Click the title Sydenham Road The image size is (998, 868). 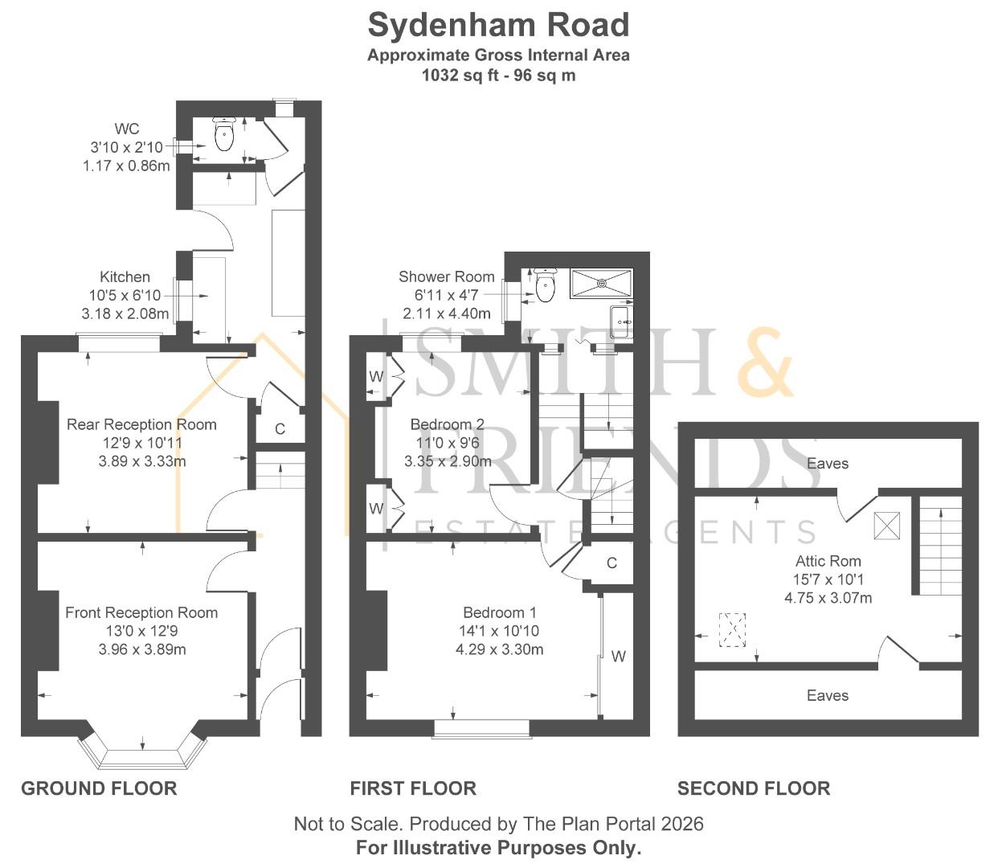(x=498, y=26)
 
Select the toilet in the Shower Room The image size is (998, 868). (x=546, y=285)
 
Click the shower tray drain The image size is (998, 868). (x=602, y=283)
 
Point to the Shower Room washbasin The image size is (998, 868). (x=622, y=322)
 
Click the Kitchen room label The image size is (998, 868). (x=125, y=276)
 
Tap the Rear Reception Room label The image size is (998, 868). (x=141, y=424)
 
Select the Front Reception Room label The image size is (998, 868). (x=141, y=612)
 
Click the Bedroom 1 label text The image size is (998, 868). (x=500, y=612)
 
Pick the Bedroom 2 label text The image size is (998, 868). (x=448, y=424)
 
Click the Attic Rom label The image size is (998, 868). (x=828, y=561)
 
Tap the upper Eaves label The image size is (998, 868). (x=828, y=463)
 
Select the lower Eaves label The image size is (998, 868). (x=828, y=695)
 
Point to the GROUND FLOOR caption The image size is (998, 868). (x=99, y=788)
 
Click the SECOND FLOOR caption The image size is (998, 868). (x=754, y=788)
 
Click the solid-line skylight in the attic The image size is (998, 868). (x=887, y=526)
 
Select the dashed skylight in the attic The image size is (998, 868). (x=732, y=630)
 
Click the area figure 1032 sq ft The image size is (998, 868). (x=456, y=76)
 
